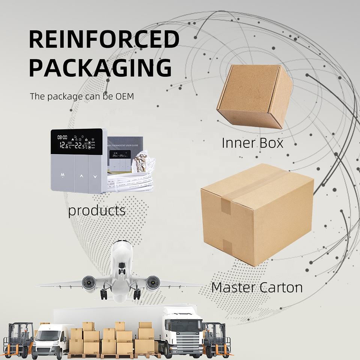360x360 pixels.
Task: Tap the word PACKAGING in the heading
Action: click(100, 67)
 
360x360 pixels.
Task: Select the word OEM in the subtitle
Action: click(124, 96)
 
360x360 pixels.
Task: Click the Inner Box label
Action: click(252, 143)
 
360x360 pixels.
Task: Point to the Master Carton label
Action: click(257, 288)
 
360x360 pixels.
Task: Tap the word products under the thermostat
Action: click(97, 211)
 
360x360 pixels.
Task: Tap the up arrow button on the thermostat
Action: click(81, 175)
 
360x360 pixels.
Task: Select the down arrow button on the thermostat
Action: click(95, 175)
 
